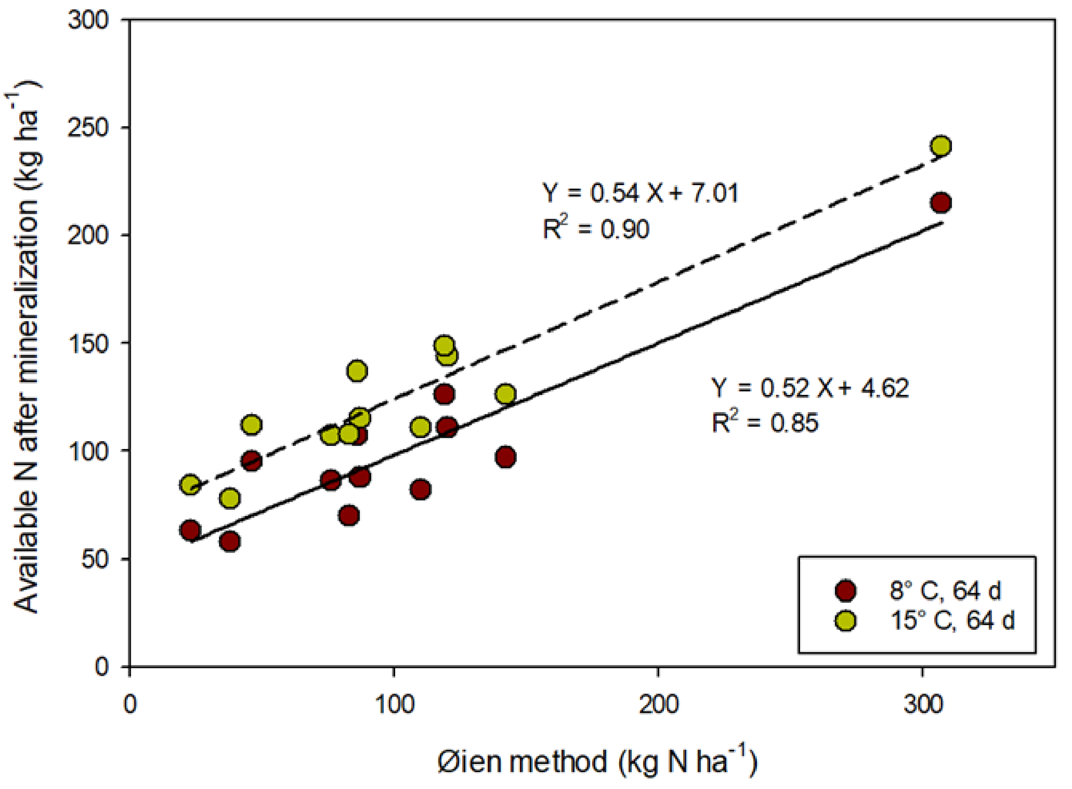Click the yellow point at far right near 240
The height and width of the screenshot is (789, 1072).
tap(941, 145)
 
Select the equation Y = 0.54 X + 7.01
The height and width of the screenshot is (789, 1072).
tap(640, 193)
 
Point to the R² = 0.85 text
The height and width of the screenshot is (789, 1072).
tap(765, 422)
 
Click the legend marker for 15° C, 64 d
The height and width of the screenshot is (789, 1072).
tap(846, 620)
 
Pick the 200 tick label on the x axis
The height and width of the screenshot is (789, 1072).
tap(658, 704)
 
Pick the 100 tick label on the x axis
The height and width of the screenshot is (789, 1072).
tap(394, 704)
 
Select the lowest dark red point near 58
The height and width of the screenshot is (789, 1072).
tap(230, 541)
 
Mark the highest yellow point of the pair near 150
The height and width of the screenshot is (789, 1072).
tap(444, 345)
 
